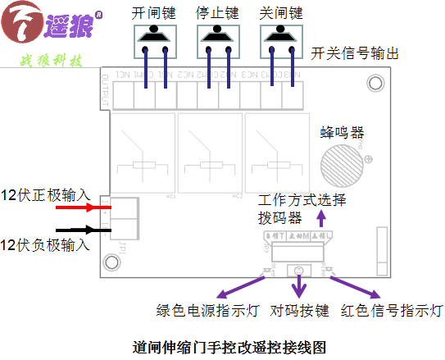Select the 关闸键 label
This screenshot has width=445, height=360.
pos(281,14)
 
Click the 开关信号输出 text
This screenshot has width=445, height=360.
pos(355,55)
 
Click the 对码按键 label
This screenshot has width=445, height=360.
pos(300,312)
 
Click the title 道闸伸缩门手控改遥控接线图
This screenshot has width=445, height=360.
pos(223,346)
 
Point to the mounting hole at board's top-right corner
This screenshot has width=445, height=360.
pos(375,82)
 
